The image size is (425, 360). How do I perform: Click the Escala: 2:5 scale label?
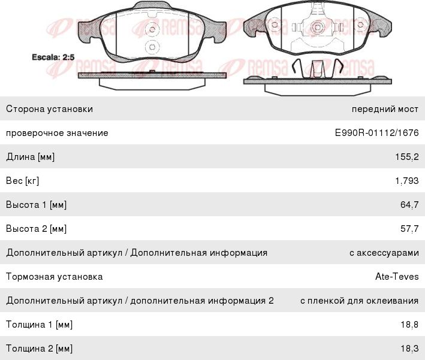pos(53,57)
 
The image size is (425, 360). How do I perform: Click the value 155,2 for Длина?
pos(407,157)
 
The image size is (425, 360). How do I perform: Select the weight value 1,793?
pos(407,181)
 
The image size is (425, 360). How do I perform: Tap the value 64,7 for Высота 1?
pos(409,205)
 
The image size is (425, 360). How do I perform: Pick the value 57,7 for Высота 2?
pos(409,229)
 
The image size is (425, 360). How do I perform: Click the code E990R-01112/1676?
pos(377,133)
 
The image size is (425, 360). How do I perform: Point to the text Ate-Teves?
pos(397,277)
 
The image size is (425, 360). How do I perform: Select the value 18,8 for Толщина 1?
pos(409,325)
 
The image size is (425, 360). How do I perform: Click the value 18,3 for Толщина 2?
pos(409,349)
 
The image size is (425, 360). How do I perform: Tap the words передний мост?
pos(385,109)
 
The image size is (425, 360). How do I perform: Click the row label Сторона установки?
pos(49,109)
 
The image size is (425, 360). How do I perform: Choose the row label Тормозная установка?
pos(54,277)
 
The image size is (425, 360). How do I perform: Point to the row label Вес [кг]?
pos(23,181)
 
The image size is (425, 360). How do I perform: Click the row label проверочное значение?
pos(57,133)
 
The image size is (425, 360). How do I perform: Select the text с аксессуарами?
pos(384,253)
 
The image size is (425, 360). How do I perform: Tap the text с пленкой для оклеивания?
pos(360,301)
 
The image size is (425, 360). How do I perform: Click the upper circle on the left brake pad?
pos(152,29)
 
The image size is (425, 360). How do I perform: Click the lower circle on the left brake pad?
pos(152,47)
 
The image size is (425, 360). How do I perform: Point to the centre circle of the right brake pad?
pos(317,27)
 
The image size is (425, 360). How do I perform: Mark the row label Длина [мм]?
pos(31,157)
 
